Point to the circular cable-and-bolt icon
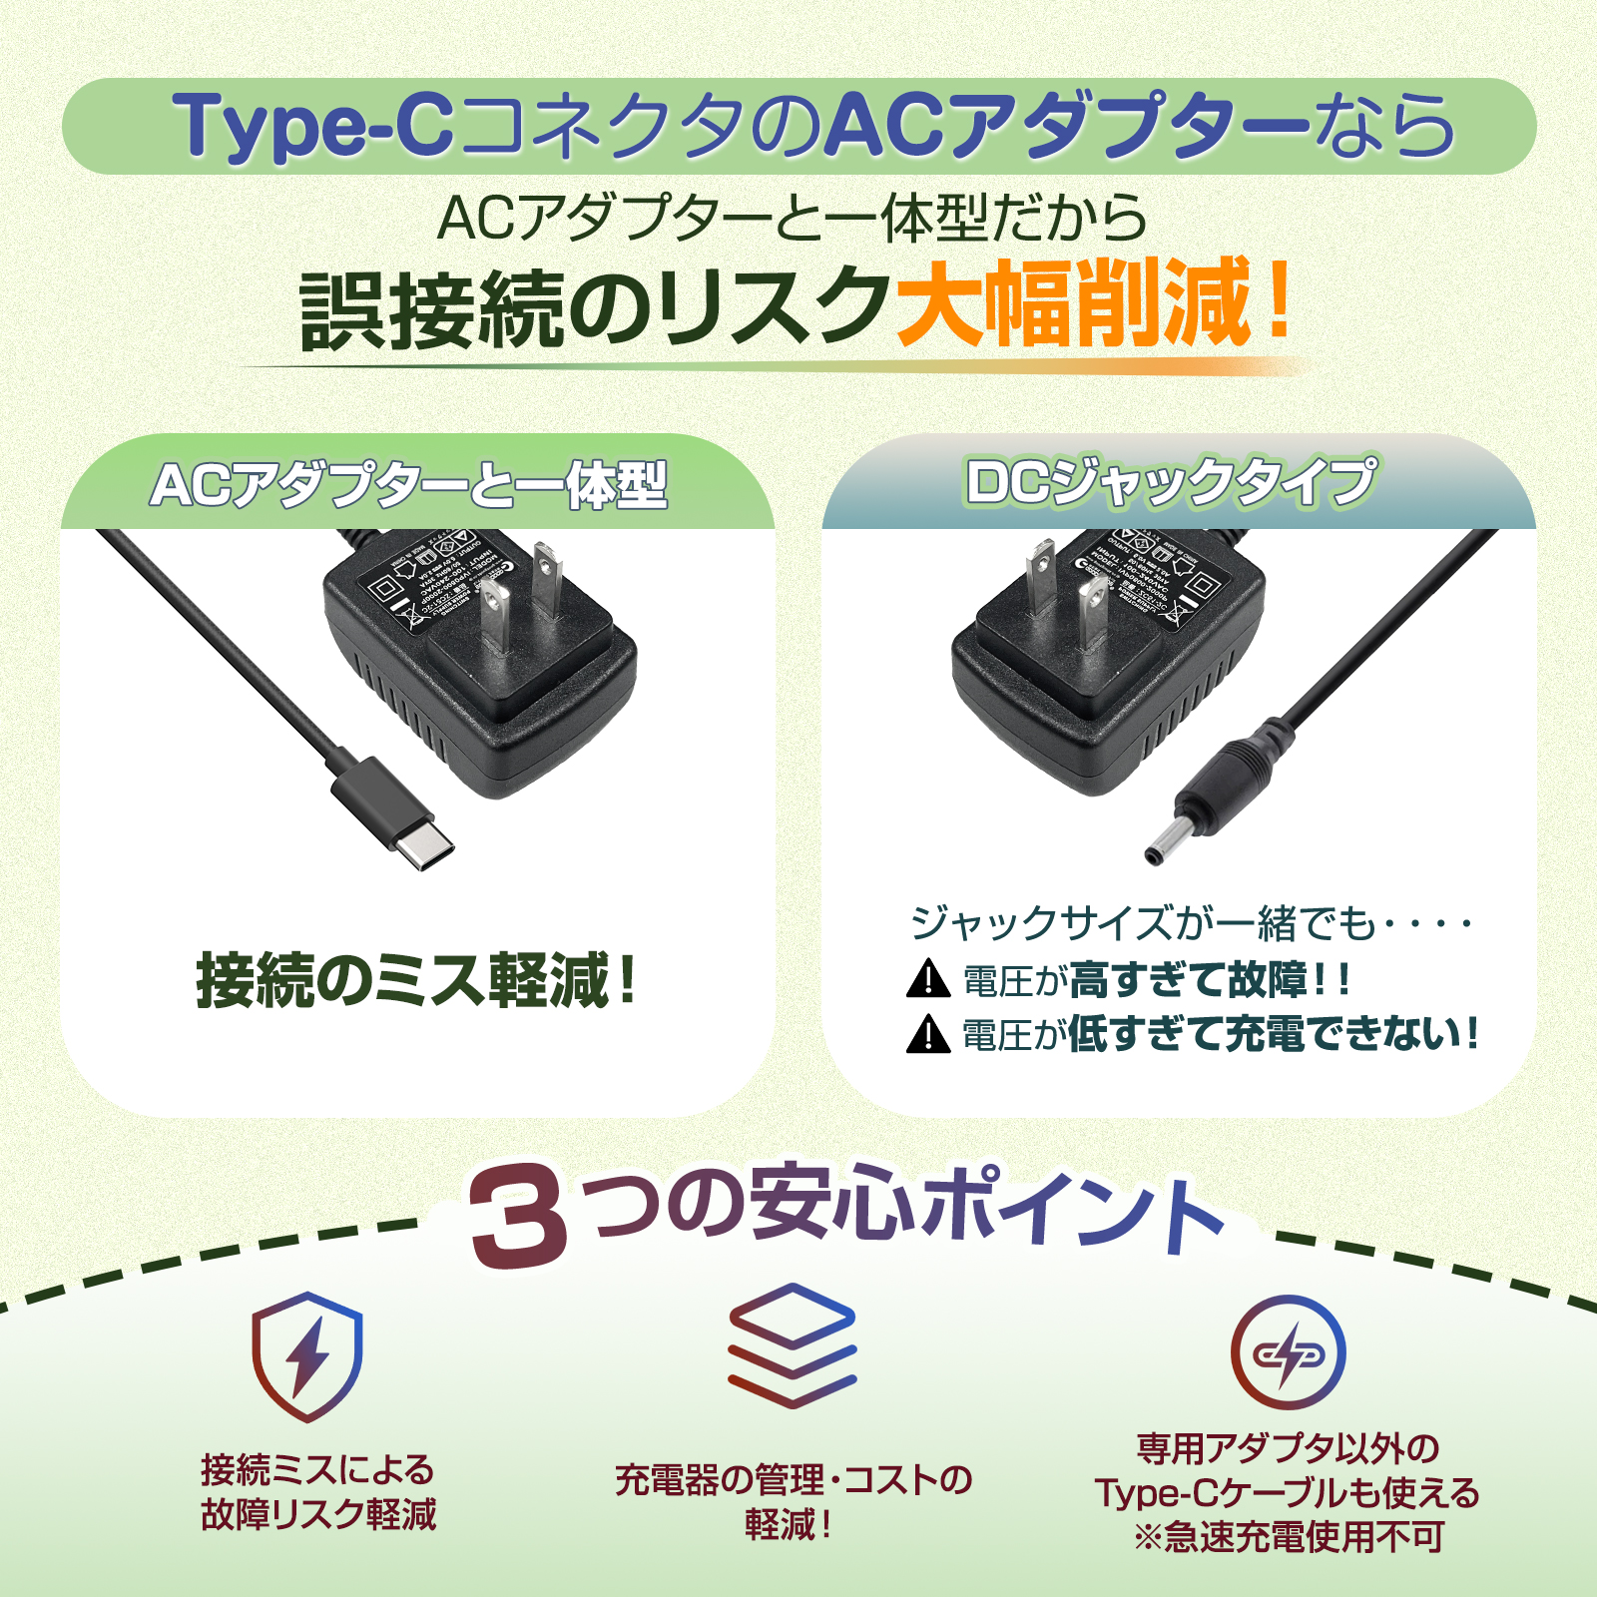tap(1288, 1352)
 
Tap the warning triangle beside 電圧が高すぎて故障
tap(928, 979)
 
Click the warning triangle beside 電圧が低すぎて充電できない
tap(928, 1034)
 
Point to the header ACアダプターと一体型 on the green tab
tap(409, 486)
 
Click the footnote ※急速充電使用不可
tap(1288, 1537)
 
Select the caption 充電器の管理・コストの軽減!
tap(793, 1501)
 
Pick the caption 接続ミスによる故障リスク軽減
tap(318, 1492)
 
